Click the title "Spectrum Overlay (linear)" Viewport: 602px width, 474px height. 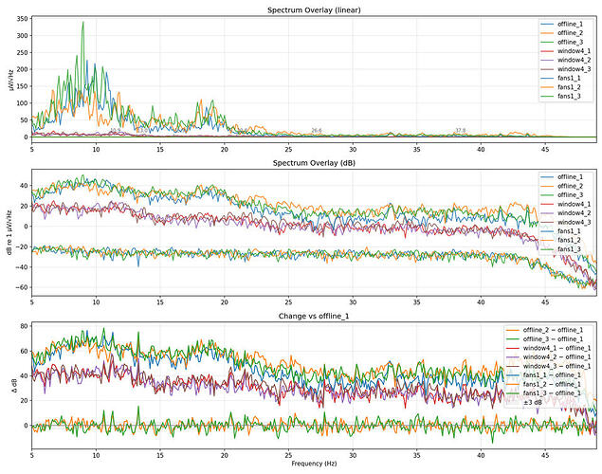pyautogui.click(x=314, y=9)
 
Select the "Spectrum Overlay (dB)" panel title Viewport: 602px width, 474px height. pyautogui.click(x=314, y=165)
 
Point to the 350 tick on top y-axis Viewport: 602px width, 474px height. pyautogui.click(x=20, y=18)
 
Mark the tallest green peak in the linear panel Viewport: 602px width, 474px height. pyautogui.click(x=83, y=23)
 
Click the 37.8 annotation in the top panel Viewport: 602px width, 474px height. pyautogui.click(x=460, y=130)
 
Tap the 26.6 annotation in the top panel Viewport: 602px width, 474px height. pyautogui.click(x=317, y=130)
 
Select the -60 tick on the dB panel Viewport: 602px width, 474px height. pyautogui.click(x=20, y=286)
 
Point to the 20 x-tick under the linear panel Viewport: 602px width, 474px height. pyautogui.click(x=225, y=148)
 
